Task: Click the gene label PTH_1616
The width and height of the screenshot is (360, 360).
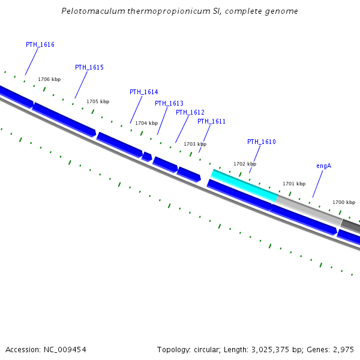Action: (x=40, y=45)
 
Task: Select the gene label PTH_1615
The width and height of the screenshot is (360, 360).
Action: (x=89, y=67)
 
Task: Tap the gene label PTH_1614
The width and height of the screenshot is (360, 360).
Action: (x=143, y=92)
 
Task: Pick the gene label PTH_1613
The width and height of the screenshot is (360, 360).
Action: (x=169, y=103)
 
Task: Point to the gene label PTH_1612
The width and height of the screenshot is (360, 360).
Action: (x=190, y=112)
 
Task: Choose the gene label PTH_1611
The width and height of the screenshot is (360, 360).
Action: (x=211, y=121)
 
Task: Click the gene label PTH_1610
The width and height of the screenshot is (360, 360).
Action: (x=261, y=142)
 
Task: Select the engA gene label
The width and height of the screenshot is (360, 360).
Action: (x=323, y=165)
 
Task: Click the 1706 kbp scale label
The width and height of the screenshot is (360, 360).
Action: (x=49, y=79)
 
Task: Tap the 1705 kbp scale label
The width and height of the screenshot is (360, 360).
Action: (x=98, y=101)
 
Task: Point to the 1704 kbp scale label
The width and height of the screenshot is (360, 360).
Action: (x=146, y=123)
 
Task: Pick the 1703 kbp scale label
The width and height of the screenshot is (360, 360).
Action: (x=195, y=144)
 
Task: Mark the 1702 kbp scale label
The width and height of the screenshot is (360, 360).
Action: (x=245, y=164)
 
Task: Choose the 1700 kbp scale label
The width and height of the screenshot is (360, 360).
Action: (x=344, y=202)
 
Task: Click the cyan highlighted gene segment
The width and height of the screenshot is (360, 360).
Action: (x=245, y=185)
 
